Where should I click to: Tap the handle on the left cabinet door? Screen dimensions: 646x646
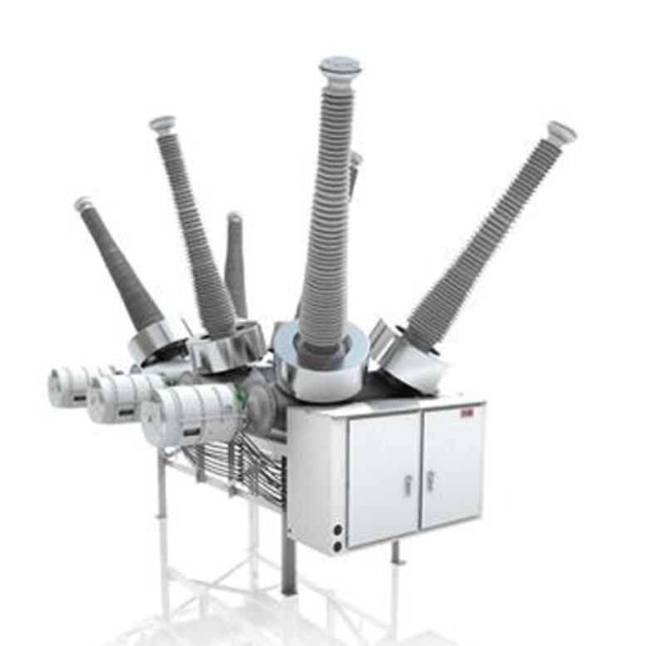(407, 485)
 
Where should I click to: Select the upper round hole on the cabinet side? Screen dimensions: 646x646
(337, 529)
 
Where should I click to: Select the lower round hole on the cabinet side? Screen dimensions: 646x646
(337, 546)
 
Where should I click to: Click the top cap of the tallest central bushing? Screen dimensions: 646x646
(340, 66)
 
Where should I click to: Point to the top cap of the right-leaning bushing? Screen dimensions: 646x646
(561, 131)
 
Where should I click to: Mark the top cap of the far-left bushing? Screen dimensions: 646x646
(83, 203)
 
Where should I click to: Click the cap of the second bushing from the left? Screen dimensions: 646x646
(163, 124)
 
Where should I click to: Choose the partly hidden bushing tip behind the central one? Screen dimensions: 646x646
(355, 166)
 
